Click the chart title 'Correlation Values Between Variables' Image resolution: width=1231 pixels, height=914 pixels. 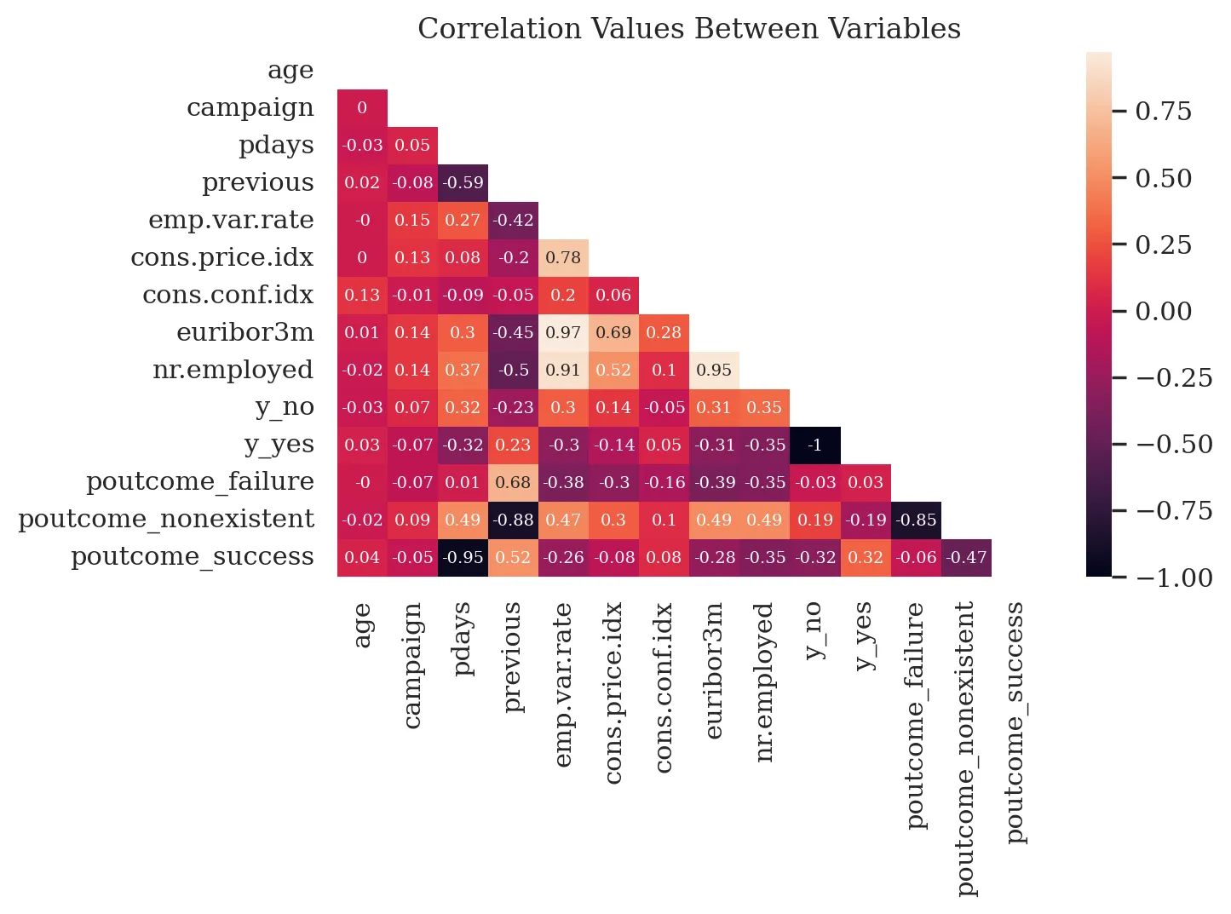[688, 29]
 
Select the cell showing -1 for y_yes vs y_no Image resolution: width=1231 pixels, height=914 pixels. [815, 445]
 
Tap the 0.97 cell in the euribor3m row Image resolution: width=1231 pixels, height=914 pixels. [563, 332]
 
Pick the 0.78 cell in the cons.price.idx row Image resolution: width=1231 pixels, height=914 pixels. [563, 257]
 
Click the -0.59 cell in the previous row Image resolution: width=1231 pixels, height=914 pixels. [463, 182]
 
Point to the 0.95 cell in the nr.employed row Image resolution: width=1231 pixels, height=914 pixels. [714, 370]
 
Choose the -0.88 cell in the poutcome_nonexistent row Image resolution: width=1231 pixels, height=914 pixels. [513, 520]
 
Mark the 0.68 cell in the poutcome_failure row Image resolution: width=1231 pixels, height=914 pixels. [513, 482]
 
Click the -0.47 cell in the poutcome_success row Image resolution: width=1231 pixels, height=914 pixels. [967, 557]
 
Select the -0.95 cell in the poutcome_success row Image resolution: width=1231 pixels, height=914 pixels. [463, 557]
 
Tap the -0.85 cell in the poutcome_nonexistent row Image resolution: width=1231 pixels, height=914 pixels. [916, 520]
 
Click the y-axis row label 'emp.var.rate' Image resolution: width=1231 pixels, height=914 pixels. [231, 220]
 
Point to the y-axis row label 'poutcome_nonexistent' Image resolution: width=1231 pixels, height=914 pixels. [166, 520]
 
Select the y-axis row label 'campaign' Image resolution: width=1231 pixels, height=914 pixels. [250, 107]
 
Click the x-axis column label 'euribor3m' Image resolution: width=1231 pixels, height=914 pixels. [714, 670]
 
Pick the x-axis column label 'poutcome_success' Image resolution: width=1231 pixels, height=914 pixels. [1015, 722]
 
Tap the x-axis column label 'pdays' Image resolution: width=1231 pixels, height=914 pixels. [463, 639]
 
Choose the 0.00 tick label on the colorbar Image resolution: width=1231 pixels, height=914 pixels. [1163, 312]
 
